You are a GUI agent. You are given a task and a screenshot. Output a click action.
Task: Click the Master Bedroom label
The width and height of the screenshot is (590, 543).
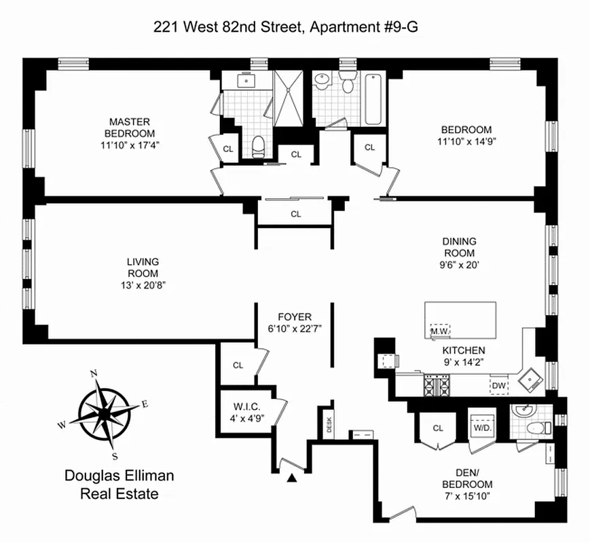[129, 128]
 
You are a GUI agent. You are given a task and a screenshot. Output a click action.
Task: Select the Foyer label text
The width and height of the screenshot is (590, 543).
[295, 316]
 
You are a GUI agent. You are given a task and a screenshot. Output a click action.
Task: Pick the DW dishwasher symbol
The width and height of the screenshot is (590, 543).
[499, 386]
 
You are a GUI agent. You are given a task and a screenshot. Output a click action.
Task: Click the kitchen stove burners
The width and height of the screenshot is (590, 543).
[437, 386]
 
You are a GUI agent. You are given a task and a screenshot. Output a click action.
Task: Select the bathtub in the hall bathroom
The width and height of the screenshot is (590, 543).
[373, 99]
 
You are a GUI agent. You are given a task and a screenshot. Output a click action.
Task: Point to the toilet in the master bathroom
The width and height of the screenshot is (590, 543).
[257, 146]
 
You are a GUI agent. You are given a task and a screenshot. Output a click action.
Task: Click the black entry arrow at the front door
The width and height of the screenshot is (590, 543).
[293, 479]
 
